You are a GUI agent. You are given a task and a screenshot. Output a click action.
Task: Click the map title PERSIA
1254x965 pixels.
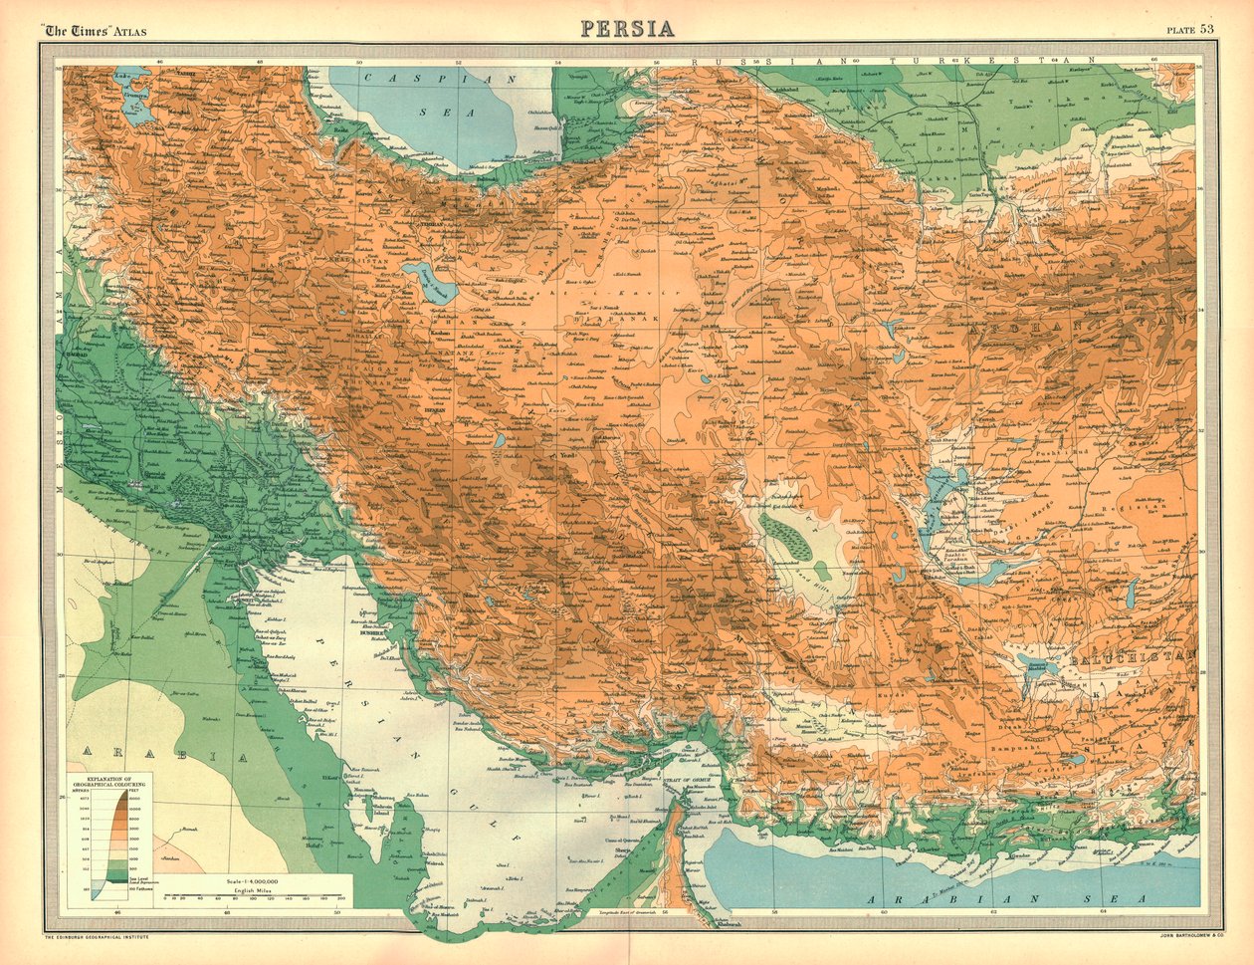click(x=627, y=27)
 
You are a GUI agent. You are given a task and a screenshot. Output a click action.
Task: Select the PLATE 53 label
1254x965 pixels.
click(x=1190, y=29)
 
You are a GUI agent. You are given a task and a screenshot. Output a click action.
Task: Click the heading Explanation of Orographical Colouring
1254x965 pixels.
click(x=109, y=780)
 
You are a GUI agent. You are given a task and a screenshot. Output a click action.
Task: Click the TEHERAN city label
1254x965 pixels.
click(x=435, y=224)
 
